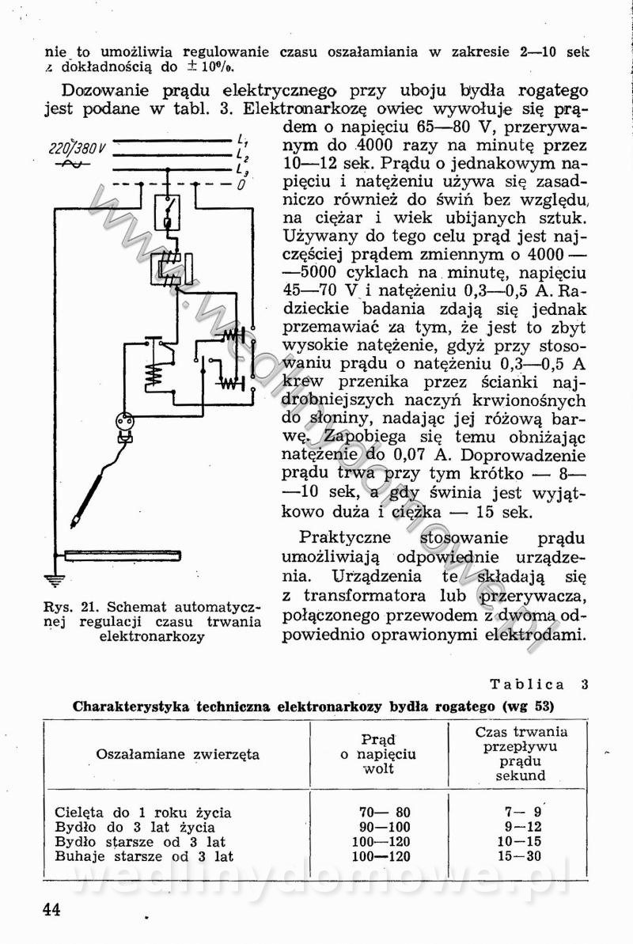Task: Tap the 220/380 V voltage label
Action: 78,148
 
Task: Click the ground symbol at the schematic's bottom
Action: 54,582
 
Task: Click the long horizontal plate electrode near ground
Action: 123,555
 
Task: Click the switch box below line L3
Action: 166,211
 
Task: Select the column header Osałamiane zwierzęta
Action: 178,754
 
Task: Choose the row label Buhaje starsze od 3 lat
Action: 144,856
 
